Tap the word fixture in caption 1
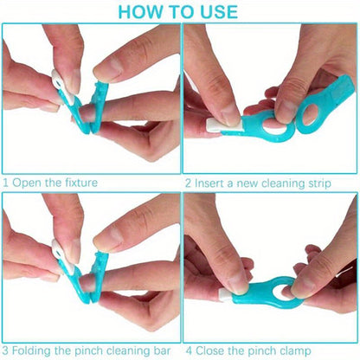point(81,183)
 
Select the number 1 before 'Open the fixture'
point(5,183)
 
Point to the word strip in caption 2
point(319,183)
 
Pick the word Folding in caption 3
point(31,351)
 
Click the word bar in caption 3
point(163,350)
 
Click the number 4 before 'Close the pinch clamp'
point(189,351)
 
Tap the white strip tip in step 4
point(226,294)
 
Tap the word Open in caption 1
point(25,183)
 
